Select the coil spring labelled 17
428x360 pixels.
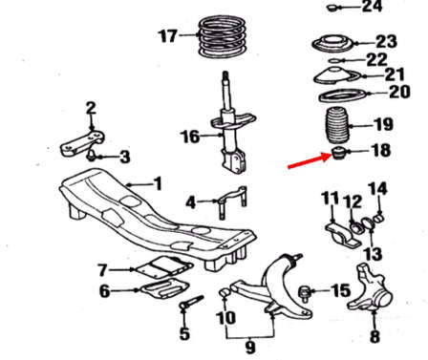click(223, 37)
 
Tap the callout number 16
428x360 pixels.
click(190, 137)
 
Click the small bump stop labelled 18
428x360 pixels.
click(339, 153)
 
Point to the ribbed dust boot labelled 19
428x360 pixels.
click(337, 127)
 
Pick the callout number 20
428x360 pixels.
click(399, 92)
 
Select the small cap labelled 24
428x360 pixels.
click(333, 8)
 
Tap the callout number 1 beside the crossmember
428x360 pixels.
click(157, 184)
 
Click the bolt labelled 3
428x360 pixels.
click(92, 156)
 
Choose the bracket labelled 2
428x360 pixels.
click(82, 143)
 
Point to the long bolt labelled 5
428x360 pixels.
click(192, 303)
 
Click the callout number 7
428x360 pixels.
click(102, 270)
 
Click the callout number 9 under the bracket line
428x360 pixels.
click(250, 348)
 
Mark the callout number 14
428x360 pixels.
click(377, 188)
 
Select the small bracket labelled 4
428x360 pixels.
click(232, 201)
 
